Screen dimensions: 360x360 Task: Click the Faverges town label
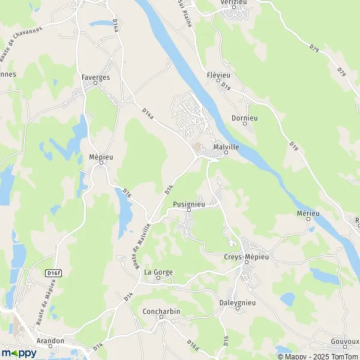(94, 77)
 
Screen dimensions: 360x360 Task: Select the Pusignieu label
(189, 204)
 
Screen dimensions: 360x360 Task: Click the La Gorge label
(158, 272)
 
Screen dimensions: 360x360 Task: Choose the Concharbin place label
(161, 311)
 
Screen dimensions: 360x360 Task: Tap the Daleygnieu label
(238, 302)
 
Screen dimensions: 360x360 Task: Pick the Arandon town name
(50, 341)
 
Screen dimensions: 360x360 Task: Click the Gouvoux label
(344, 341)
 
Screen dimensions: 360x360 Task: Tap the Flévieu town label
(219, 75)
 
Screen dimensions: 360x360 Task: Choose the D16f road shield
(53, 273)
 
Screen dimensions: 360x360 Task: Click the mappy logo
(19, 353)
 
